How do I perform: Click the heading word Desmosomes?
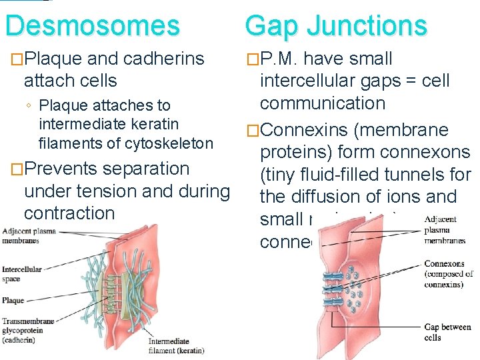(x=92, y=25)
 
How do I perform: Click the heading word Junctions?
(x=367, y=25)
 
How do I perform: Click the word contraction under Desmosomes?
(x=69, y=213)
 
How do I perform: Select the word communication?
(x=323, y=103)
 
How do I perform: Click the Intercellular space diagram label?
(x=22, y=274)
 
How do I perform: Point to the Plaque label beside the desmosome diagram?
(x=13, y=301)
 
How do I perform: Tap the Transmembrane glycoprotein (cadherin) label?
(x=27, y=330)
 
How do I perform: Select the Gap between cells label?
(x=447, y=332)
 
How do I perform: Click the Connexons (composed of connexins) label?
(x=448, y=275)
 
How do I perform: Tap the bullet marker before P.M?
(x=252, y=59)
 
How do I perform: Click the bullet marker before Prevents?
(x=15, y=169)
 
